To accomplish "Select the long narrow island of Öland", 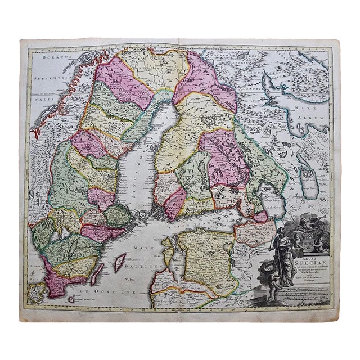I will tap(97, 274).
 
